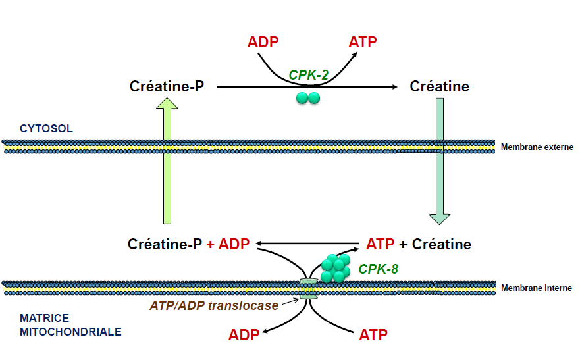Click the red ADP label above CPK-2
tap(263, 42)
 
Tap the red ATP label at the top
tap(362, 42)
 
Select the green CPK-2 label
tap(309, 75)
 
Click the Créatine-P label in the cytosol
tap(167, 86)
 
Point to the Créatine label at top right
tap(439, 86)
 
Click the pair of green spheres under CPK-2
tap(308, 98)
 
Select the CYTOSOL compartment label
tap(46, 128)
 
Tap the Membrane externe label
tap(537, 147)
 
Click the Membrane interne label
tap(536, 288)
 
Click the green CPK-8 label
tap(379, 269)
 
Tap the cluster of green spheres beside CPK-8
tap(336, 267)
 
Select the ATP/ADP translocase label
tap(214, 305)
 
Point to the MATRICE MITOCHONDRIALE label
tap(70, 325)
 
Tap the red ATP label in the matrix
tap(373, 334)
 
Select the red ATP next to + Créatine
tap(380, 245)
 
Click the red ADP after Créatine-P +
tap(234, 245)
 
